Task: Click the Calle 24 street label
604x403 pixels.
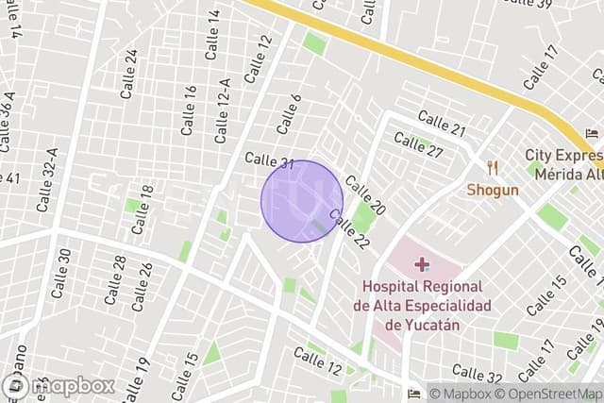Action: tap(129, 74)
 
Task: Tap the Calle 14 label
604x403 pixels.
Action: tap(212, 28)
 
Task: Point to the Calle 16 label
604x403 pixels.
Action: tap(190, 109)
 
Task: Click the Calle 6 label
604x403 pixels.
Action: tap(289, 113)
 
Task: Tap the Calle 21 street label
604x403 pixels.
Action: tap(442, 122)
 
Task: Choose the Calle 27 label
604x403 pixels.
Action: tap(418, 145)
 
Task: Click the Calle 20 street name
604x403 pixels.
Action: tap(364, 195)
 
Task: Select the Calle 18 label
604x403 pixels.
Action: tap(143, 210)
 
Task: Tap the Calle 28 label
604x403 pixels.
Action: tap(114, 280)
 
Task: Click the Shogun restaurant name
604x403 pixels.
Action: tap(492, 190)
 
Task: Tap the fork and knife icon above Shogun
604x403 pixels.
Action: tap(492, 168)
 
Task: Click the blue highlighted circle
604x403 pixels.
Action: tap(301, 200)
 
